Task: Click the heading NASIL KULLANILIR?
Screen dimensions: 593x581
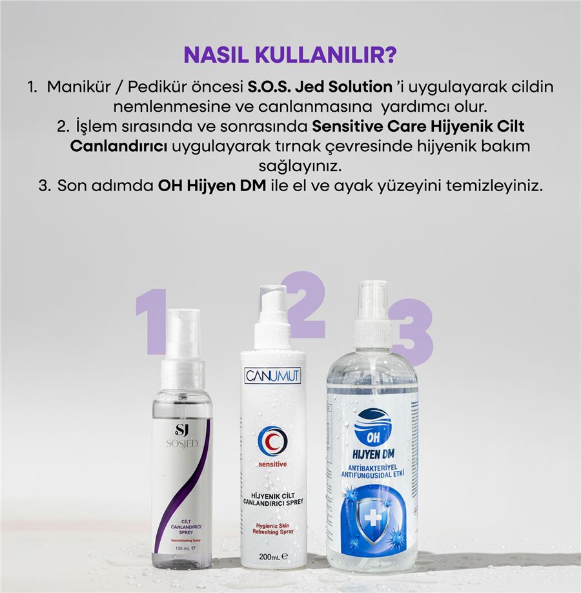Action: pyautogui.click(x=290, y=55)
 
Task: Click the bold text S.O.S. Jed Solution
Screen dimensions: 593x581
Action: pyautogui.click(x=321, y=87)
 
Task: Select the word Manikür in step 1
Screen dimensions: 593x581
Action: pyautogui.click(x=78, y=87)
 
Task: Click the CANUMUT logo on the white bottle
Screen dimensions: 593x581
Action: pyautogui.click(x=272, y=375)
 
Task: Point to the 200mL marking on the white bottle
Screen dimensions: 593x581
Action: pyautogui.click(x=272, y=556)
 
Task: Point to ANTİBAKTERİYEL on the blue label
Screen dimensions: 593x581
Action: pyautogui.click(x=372, y=466)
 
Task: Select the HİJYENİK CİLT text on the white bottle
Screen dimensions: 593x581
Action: pyautogui.click(x=272, y=494)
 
